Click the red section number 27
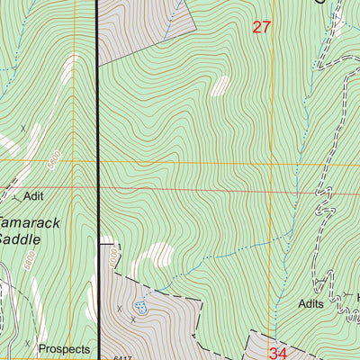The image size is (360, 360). (261, 27)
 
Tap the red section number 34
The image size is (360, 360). (277, 354)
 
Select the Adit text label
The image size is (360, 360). (35, 194)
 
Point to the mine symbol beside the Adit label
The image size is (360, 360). (15, 192)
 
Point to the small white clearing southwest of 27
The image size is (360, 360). (219, 85)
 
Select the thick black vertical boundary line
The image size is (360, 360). (96, 135)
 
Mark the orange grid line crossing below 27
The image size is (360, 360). (225, 163)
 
